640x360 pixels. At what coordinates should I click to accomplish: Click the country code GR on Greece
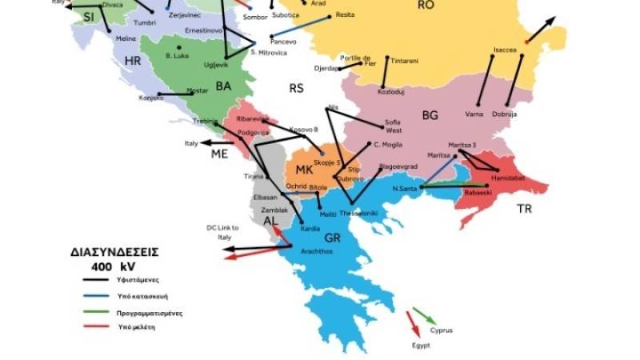click(332, 238)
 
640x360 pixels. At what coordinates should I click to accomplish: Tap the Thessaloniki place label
click(358, 214)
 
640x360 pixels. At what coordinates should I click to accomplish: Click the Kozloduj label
click(390, 92)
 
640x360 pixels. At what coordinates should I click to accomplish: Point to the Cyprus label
click(442, 330)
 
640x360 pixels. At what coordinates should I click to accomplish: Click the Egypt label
click(421, 345)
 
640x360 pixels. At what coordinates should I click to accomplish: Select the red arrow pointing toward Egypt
click(414, 324)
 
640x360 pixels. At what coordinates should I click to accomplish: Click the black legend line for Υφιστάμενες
click(98, 280)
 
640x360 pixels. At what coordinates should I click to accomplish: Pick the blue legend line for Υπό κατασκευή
click(98, 297)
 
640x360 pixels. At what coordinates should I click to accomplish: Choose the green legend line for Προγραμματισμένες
click(98, 313)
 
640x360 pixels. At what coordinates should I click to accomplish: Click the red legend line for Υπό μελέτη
click(98, 327)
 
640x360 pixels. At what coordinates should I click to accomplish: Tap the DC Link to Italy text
click(223, 232)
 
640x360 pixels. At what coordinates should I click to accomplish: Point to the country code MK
click(304, 170)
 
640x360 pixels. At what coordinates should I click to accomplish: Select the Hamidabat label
click(507, 178)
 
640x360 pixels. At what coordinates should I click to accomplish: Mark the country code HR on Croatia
click(132, 61)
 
